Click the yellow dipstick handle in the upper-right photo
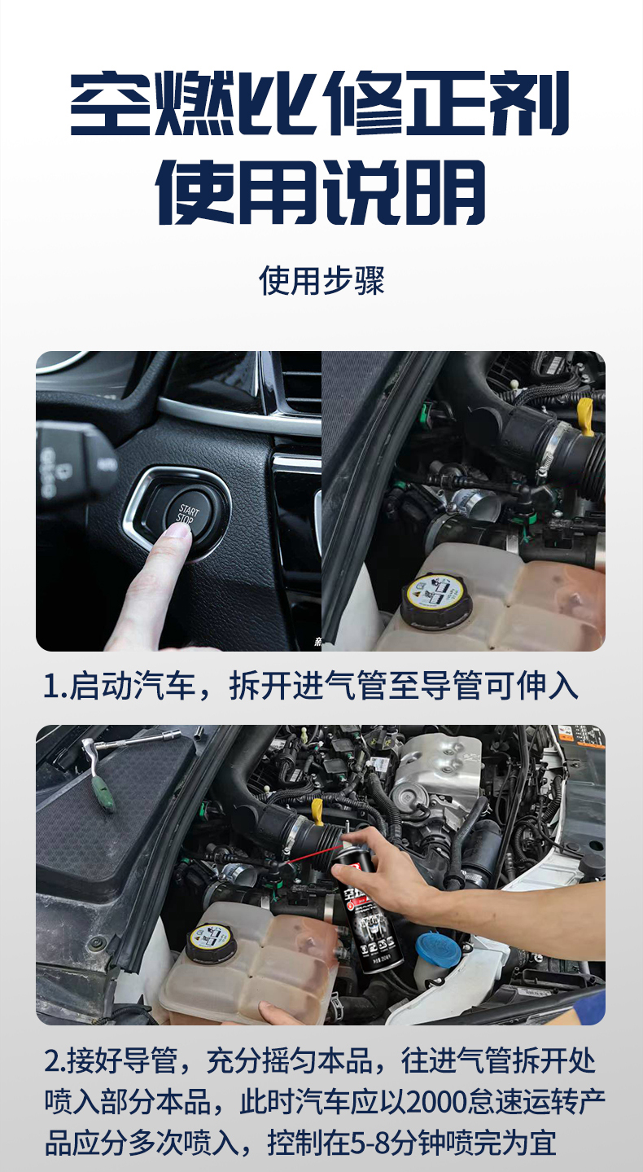click(x=587, y=416)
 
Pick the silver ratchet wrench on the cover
click(x=131, y=749)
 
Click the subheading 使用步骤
click(x=321, y=282)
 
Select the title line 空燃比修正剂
click(x=321, y=103)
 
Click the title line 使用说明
click(x=320, y=191)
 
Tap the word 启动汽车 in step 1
click(x=132, y=686)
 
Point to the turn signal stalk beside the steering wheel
click(x=73, y=460)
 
